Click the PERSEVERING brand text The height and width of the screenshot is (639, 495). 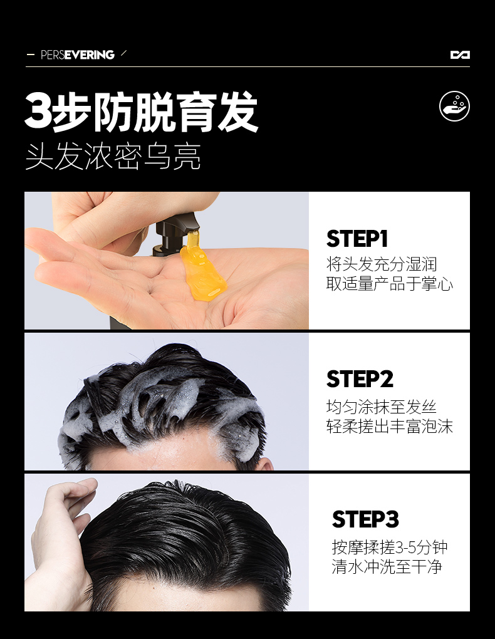[77, 55]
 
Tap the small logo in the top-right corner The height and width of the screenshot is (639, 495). [460, 55]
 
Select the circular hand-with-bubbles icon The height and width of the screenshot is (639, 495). [454, 106]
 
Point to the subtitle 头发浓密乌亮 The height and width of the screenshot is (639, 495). [113, 157]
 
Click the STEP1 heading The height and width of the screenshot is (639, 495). [357, 239]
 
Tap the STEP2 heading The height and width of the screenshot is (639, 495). [360, 379]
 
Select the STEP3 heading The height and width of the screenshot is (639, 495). [365, 519]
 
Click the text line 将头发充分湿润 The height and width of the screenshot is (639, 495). [382, 264]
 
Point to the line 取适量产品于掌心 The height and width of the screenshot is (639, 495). [389, 284]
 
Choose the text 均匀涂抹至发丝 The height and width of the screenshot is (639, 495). [382, 407]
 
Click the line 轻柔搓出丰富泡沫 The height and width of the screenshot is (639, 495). [389, 427]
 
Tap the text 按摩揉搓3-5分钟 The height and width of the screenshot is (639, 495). [390, 547]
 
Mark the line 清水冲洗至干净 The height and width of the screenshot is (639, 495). [387, 567]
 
